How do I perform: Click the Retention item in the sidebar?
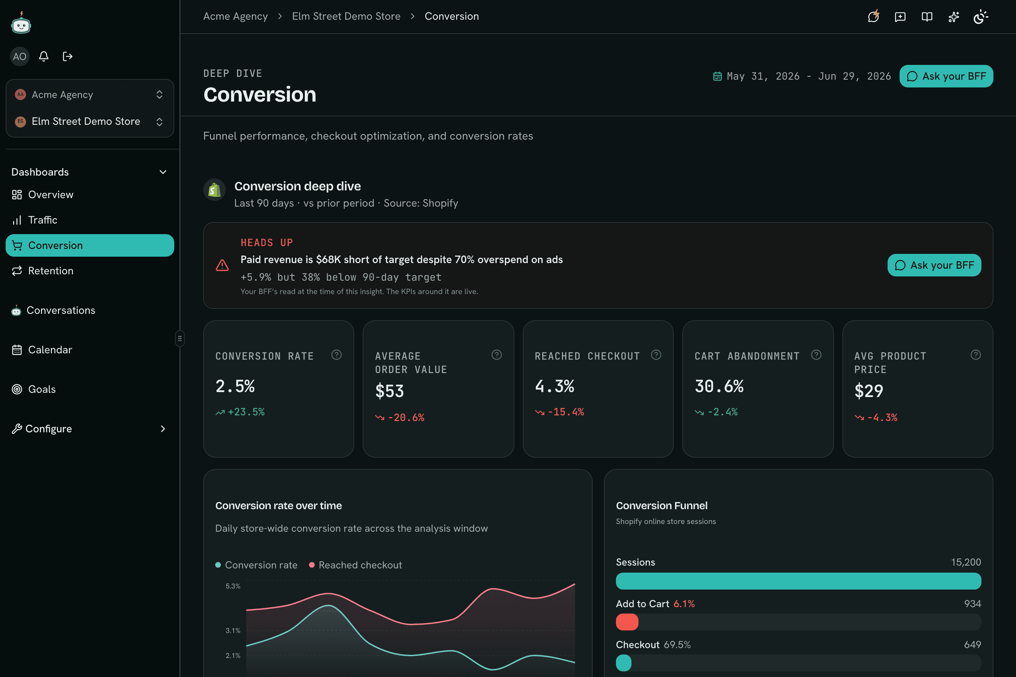coord(42,271)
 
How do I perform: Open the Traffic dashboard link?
coord(35,220)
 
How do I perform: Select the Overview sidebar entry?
coord(42,195)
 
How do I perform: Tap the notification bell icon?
coord(44,56)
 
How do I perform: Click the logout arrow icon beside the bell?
coord(67,56)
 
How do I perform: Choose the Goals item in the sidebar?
coord(34,389)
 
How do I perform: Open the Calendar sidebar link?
coord(42,350)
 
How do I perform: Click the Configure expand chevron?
coord(163,429)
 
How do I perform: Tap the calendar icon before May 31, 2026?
coord(717,77)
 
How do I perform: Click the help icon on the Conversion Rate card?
coord(337,355)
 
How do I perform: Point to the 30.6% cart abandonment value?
coord(719,386)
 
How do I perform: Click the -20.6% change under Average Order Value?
coord(400,417)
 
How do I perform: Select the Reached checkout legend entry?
coord(356,565)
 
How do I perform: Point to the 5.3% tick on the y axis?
coord(233,586)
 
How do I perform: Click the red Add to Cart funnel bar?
coord(627,622)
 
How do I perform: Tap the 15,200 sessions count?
coord(966,562)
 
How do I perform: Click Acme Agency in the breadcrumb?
coord(235,17)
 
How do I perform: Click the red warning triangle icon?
coord(222,265)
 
